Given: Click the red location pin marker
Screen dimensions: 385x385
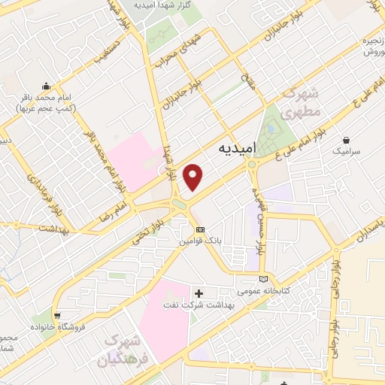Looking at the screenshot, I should coord(194,177).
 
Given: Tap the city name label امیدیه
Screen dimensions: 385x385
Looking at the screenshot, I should coord(237,150).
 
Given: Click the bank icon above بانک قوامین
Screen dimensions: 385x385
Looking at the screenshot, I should coord(199,229).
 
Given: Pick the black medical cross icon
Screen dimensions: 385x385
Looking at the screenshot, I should coord(199,293).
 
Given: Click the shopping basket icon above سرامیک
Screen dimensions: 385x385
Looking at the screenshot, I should coord(346,139).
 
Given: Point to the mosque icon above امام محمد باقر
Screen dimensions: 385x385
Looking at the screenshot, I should coord(47,86).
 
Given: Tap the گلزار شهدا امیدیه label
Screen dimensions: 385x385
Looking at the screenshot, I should coord(163,5).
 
